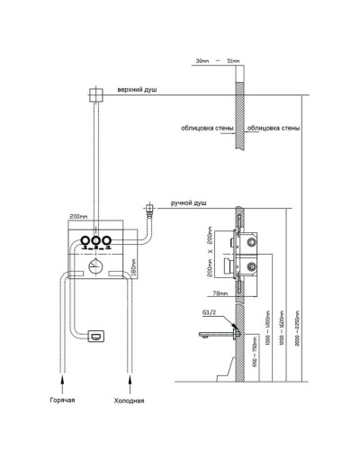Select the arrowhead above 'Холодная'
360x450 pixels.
[131, 381]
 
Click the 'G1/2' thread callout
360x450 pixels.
[212, 311]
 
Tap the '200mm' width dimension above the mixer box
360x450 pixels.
[81, 217]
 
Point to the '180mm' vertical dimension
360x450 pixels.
[132, 266]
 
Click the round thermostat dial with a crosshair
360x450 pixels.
[94, 264]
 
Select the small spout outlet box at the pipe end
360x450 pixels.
[95, 336]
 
